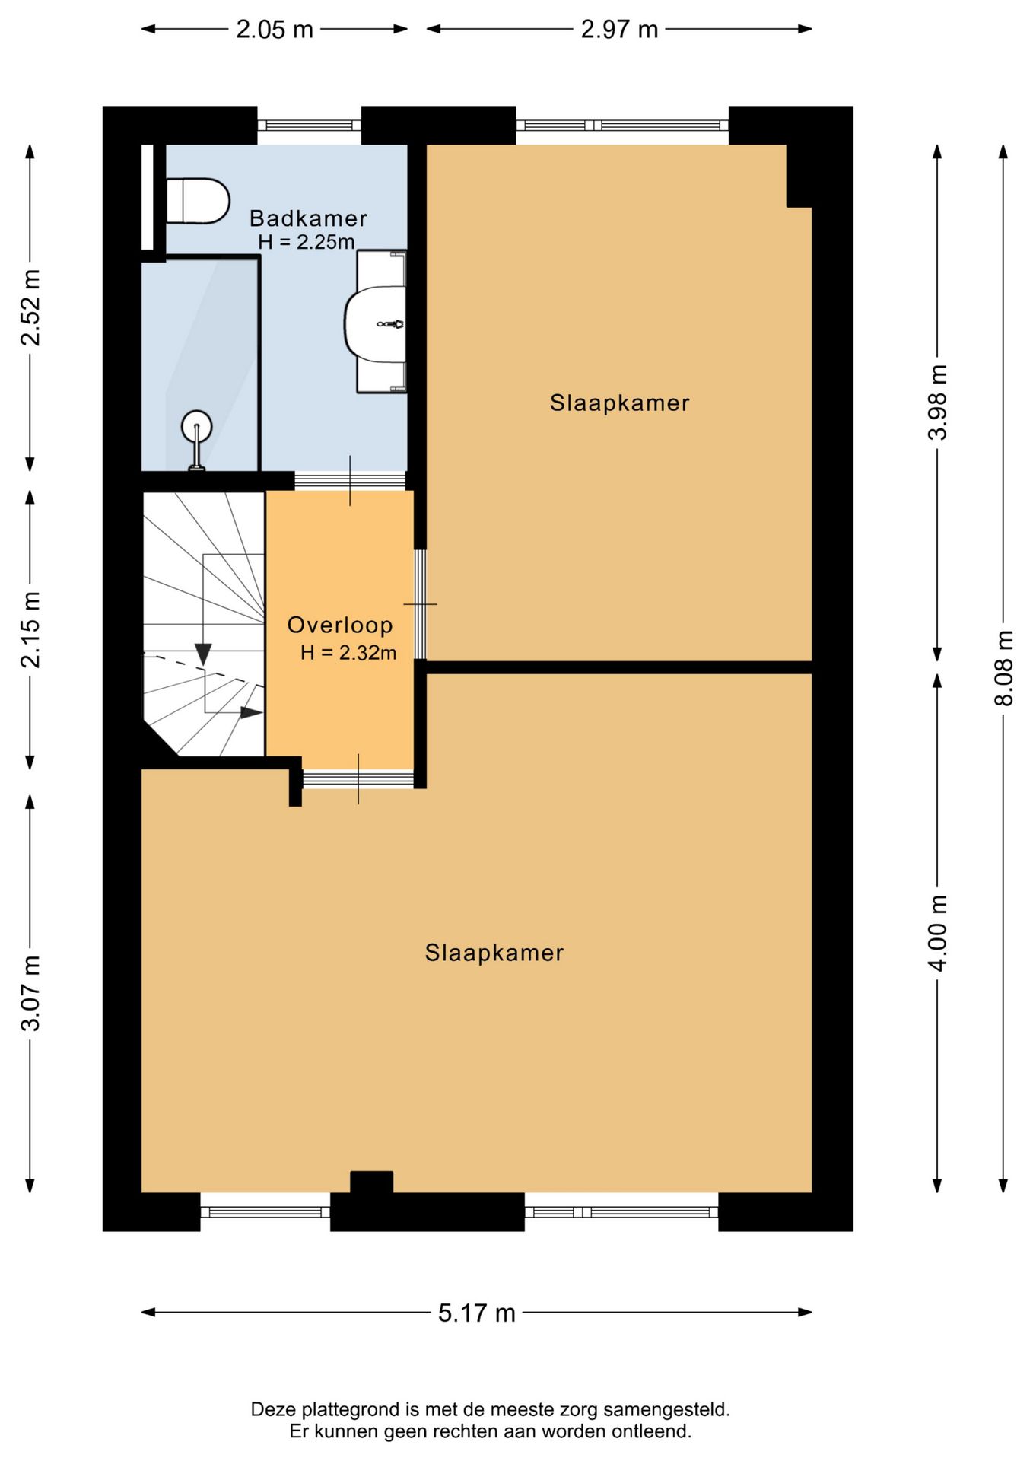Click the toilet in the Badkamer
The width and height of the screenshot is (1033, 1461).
tap(198, 201)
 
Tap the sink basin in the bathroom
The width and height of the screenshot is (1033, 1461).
tap(375, 322)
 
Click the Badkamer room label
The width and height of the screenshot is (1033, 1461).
tap(308, 218)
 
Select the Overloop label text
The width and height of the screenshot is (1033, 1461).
tap(340, 625)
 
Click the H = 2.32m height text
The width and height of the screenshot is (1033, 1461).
tap(348, 653)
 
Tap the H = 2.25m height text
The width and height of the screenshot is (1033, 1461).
tap(307, 243)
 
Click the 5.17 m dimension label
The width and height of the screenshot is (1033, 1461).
tap(477, 1313)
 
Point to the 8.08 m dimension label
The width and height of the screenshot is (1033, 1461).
tap(1004, 668)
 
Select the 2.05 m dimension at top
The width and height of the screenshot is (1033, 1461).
tap(275, 30)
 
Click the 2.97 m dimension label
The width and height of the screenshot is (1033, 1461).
tap(619, 30)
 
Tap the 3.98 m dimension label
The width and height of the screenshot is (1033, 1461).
tap(938, 402)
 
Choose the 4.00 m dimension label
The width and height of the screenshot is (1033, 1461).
tap(938, 933)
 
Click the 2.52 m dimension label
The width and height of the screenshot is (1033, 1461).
tap(30, 307)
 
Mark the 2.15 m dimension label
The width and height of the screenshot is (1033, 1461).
tap(30, 630)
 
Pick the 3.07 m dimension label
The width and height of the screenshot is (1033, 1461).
tap(30, 992)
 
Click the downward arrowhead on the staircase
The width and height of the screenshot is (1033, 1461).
tap(203, 653)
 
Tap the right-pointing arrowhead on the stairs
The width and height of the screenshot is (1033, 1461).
tap(252, 712)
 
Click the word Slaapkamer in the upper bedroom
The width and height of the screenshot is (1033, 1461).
tap(620, 403)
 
